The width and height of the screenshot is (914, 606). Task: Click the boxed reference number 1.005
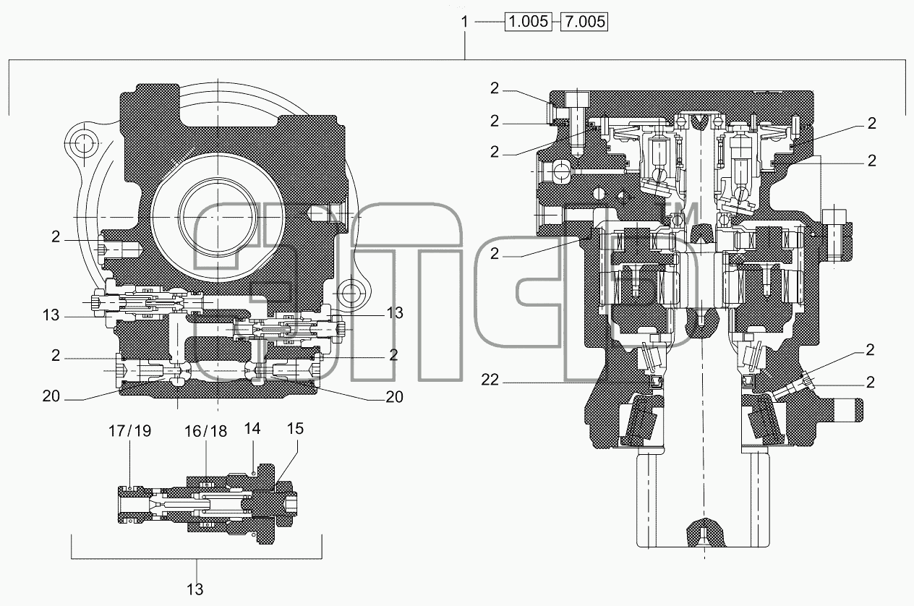pos(529,22)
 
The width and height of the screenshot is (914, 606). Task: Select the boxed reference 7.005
pos(584,22)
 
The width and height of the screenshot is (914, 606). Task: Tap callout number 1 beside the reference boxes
pos(464,22)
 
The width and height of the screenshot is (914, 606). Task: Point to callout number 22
pos(490,380)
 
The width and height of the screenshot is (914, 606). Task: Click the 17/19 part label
pos(129,431)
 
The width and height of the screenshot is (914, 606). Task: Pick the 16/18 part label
pos(205,431)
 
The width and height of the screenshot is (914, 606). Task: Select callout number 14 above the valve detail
pos(252,429)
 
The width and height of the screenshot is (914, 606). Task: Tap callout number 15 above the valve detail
pos(295,429)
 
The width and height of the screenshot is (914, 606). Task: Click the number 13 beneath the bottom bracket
pos(195,589)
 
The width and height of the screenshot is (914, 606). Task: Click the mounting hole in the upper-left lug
pos(84,143)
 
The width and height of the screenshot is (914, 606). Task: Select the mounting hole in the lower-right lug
pos(350,291)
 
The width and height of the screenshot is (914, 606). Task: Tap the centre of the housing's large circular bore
pos(218,217)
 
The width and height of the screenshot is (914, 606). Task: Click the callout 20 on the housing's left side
pos(51,396)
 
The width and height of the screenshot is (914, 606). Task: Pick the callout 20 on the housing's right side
pos(394,397)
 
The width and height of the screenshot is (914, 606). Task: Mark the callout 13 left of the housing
pos(51,315)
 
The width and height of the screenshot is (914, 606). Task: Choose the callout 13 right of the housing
pos(395,312)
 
